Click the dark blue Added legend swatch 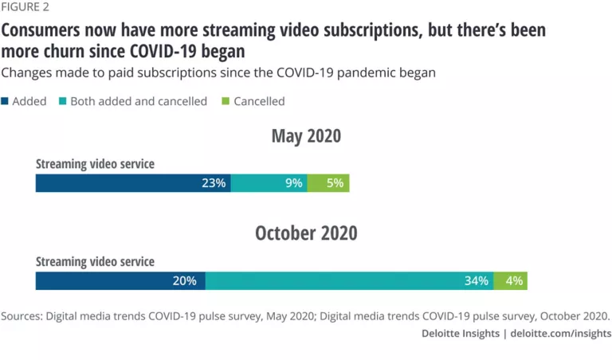(x=6, y=101)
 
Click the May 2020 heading (x=306, y=135)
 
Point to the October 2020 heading (x=306, y=233)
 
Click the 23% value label (x=214, y=183)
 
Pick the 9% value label (x=293, y=183)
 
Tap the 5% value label (x=335, y=183)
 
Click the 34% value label (x=477, y=281)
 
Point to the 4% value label (x=514, y=281)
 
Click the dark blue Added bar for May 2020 (x=120, y=183)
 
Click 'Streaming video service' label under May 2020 (x=95, y=164)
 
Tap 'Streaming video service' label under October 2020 (x=95, y=261)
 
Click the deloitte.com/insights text (x=561, y=334)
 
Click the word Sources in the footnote (x=22, y=315)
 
